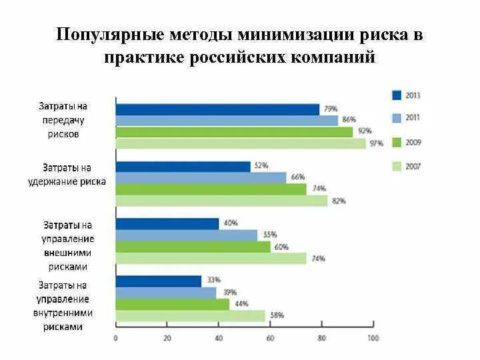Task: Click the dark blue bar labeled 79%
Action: [x=217, y=109]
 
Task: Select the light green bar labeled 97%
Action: [x=241, y=143]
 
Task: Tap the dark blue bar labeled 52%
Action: [x=183, y=167]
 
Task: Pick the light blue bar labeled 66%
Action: [x=201, y=178]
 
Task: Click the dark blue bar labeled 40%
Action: [x=167, y=224]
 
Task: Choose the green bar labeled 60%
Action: [x=193, y=247]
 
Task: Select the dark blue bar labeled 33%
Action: [x=159, y=281]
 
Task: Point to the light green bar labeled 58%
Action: [x=191, y=316]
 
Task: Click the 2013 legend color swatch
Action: [x=397, y=95]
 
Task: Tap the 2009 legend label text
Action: [x=413, y=143]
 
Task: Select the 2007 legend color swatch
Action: [x=397, y=167]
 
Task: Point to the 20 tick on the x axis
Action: [x=167, y=325]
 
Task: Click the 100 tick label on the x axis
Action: [x=373, y=338]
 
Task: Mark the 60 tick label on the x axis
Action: [x=270, y=338]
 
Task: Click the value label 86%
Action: [x=349, y=119]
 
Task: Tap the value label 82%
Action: [x=339, y=201]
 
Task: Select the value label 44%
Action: [x=241, y=304]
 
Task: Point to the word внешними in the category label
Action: [x=67, y=253]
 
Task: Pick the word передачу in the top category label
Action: [x=63, y=120]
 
